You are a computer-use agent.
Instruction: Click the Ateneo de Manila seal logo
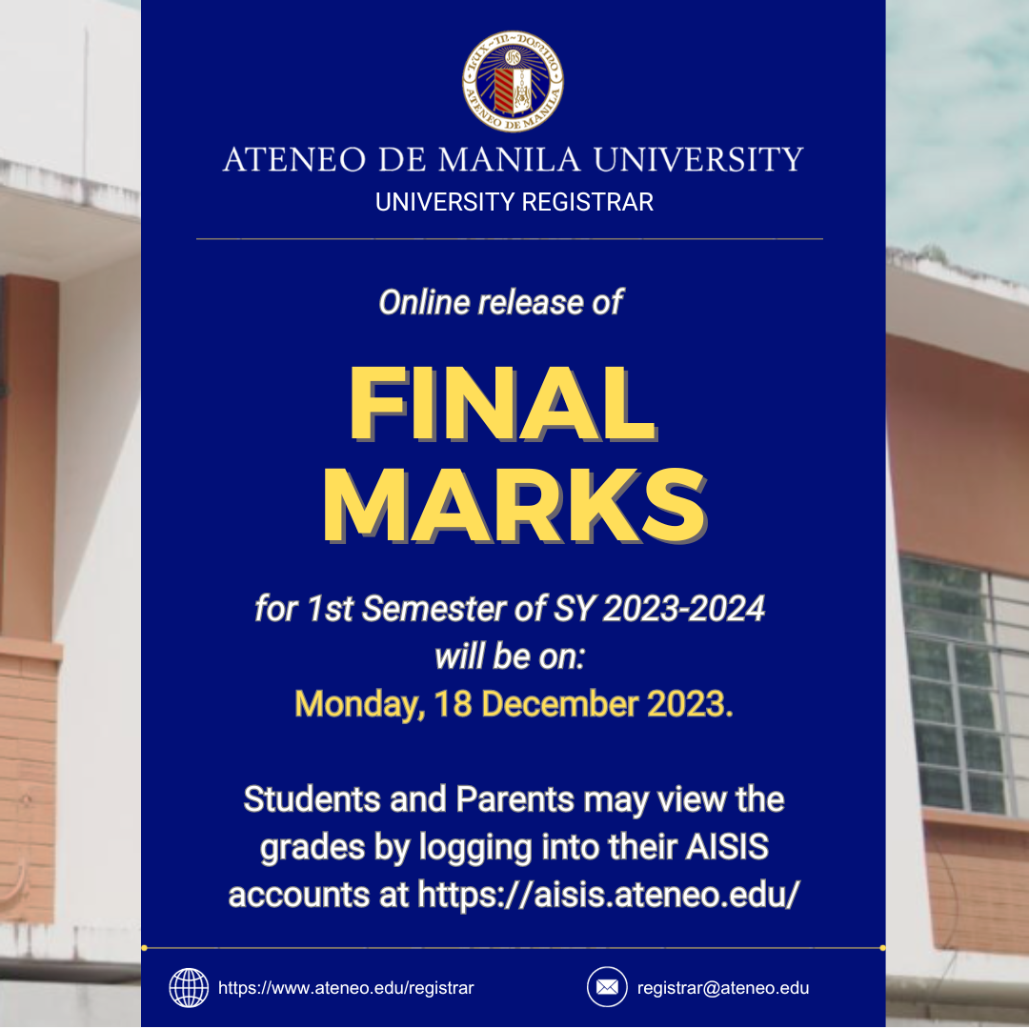[x=513, y=82]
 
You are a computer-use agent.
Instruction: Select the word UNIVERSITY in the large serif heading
[x=698, y=159]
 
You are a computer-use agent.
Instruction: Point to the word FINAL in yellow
[x=503, y=402]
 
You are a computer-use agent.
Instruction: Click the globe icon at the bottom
[x=189, y=987]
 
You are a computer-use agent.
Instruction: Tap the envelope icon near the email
[x=607, y=987]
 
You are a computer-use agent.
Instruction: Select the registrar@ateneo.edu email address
[x=723, y=988]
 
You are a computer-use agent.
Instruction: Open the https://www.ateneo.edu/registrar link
[x=346, y=988]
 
